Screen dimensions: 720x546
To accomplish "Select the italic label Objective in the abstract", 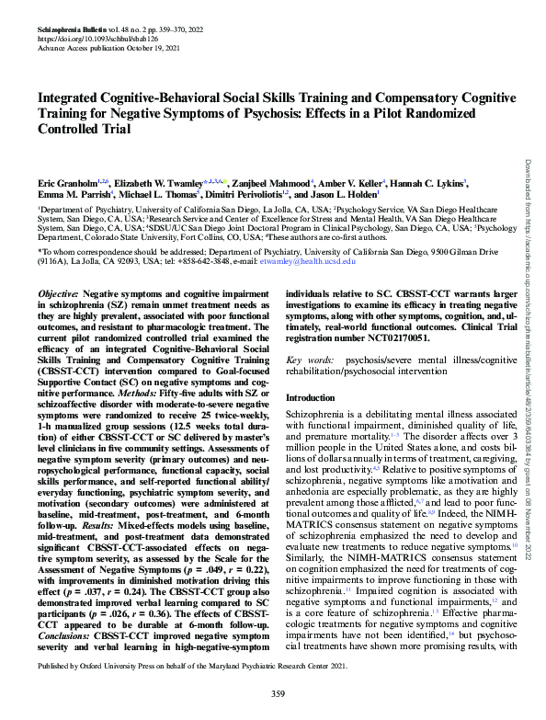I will pos(58,291).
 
